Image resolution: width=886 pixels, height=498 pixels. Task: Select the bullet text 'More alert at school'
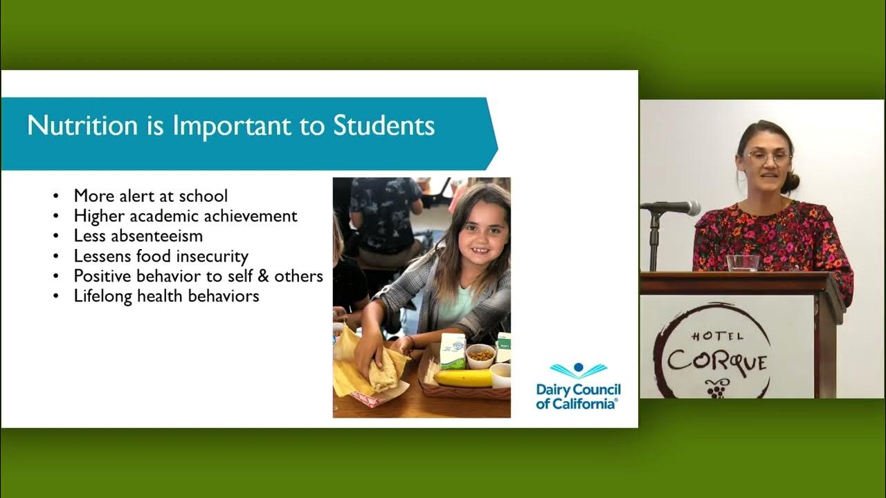click(150, 196)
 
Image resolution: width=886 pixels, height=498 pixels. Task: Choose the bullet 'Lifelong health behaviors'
click(166, 296)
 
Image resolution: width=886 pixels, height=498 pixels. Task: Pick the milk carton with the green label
click(453, 351)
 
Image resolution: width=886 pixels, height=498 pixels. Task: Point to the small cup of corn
click(480, 356)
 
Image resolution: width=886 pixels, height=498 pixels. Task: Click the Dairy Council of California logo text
click(578, 396)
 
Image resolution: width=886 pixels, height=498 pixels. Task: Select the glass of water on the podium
click(743, 263)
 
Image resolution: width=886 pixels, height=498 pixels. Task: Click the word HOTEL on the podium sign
click(708, 337)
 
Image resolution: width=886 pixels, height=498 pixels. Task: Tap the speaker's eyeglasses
click(768, 157)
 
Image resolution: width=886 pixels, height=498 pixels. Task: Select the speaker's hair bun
click(790, 182)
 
